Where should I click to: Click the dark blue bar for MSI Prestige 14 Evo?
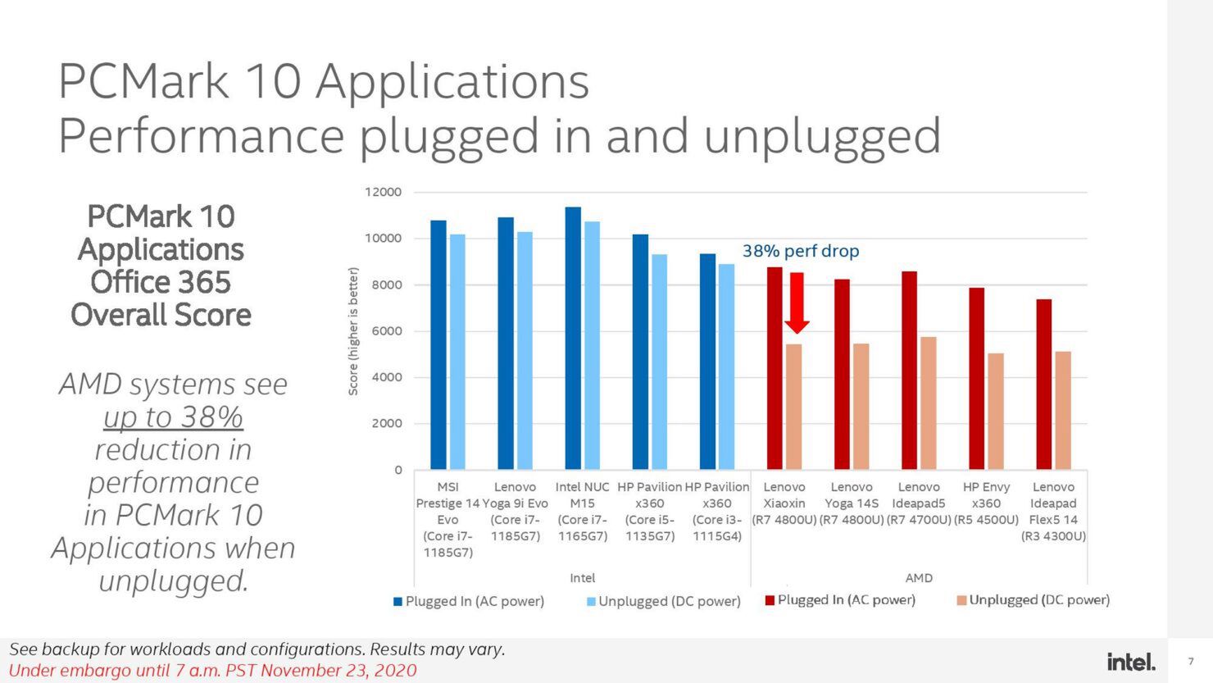point(438,344)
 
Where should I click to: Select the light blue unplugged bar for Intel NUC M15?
point(592,345)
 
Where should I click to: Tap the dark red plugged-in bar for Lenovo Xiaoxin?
point(775,368)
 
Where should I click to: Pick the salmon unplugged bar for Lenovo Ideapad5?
point(928,403)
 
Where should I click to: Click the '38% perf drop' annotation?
point(801,251)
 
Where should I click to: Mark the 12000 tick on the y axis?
point(383,192)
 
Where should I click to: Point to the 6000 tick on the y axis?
point(387,331)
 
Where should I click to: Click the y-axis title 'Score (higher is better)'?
point(353,331)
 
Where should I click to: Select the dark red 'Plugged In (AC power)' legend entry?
point(839,600)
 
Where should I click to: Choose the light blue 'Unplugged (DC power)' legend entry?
point(663,601)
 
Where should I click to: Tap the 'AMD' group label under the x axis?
point(919,578)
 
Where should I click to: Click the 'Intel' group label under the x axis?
point(582,578)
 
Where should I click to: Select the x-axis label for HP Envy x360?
point(986,503)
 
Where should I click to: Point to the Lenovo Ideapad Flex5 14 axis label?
point(1053,511)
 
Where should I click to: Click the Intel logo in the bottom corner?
point(1131,661)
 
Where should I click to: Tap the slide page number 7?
point(1191,661)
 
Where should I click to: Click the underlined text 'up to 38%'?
point(173,417)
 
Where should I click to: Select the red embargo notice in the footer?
point(212,671)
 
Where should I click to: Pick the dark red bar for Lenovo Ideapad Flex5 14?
point(1043,385)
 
